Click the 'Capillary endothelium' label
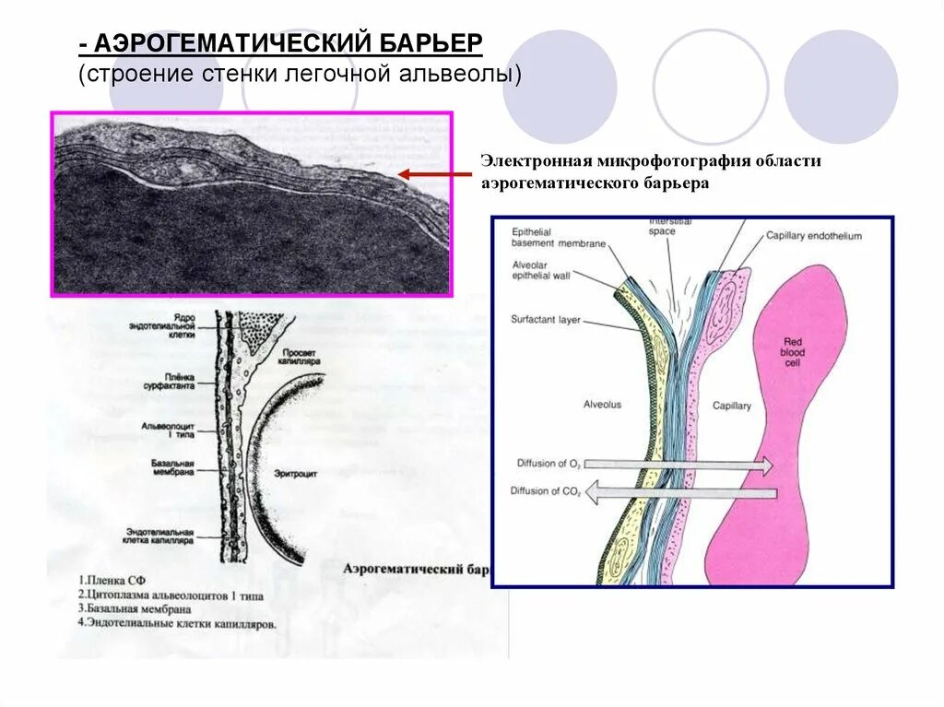tap(813, 236)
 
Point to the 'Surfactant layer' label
tap(545, 320)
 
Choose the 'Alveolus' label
tap(603, 405)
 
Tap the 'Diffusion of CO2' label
tap(546, 491)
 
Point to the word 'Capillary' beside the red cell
tap(732, 406)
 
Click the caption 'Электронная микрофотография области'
tap(650, 161)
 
